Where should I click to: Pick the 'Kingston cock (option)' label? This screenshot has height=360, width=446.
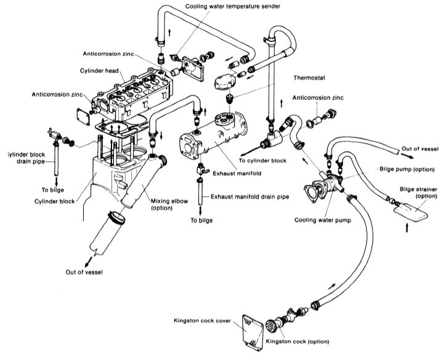(x=293, y=341)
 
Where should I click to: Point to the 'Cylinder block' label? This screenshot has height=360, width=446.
(x=55, y=201)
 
